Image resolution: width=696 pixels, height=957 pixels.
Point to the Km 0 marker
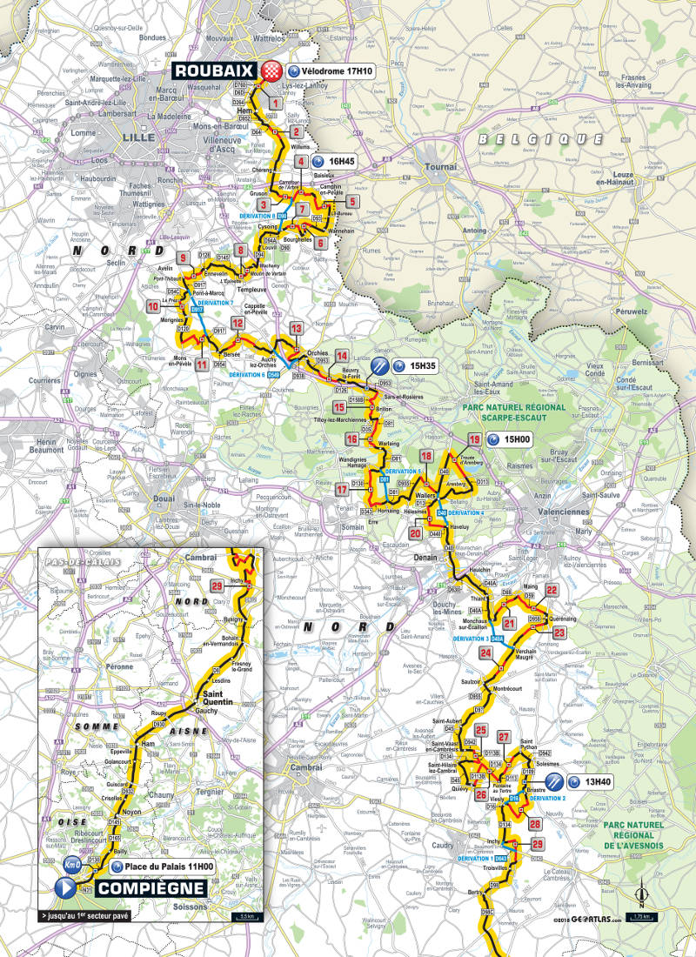point(72,866)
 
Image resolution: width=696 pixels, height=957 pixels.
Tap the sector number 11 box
point(201,364)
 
